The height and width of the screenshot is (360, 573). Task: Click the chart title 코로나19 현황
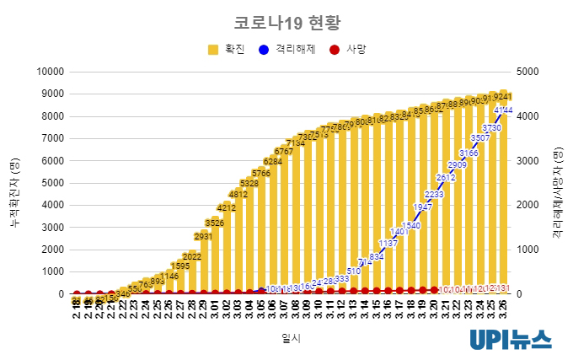point(287,21)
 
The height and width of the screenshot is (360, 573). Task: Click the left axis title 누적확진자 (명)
point(14,182)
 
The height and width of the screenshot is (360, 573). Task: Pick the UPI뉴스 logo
point(511,339)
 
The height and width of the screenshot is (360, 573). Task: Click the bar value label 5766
point(261,173)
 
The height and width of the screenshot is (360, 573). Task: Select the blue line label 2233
point(434,195)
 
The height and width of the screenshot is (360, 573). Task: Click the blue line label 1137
point(388,244)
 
